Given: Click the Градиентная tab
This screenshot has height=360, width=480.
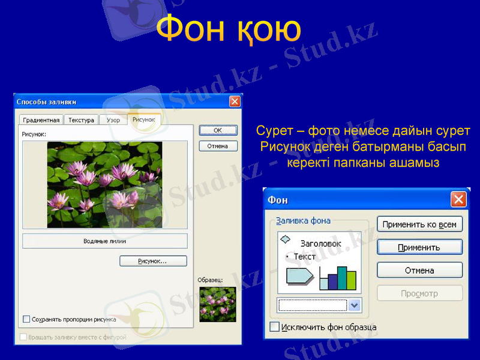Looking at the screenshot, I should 41,120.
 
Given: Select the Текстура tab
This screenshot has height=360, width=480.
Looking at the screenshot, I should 81,120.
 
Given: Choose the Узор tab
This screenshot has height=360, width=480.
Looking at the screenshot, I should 113,120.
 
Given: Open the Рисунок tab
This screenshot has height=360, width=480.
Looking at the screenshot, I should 144,119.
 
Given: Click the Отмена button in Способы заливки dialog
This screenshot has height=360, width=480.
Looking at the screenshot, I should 218,146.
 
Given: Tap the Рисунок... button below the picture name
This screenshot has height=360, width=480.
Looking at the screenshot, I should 153,261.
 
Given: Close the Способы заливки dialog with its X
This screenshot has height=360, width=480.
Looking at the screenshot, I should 235,101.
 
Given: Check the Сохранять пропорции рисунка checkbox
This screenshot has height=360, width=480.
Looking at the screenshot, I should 26,319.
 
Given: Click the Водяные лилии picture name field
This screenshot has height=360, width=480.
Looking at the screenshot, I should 105,241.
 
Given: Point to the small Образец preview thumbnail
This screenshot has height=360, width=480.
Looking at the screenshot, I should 218,304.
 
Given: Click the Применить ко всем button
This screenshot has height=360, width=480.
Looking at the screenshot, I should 419,224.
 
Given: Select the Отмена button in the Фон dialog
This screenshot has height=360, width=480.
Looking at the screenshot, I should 419,271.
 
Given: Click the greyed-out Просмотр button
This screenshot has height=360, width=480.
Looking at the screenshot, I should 419,293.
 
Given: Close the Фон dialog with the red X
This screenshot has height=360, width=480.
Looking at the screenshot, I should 458,200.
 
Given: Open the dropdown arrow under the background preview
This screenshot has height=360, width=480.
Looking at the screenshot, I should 355,305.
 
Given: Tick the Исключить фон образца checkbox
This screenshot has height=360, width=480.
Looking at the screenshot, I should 275,327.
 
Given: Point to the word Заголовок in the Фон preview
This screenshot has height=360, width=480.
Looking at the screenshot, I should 321,244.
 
